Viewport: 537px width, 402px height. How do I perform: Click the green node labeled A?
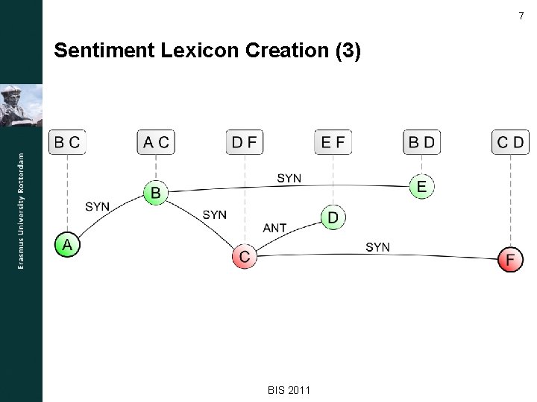(67, 244)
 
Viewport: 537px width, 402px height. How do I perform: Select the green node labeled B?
(155, 193)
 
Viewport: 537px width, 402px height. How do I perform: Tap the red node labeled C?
(244, 257)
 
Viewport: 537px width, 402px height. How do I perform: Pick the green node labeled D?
(333, 217)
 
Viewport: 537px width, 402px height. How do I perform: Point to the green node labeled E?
(421, 186)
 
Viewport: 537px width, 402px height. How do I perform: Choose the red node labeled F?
(510, 259)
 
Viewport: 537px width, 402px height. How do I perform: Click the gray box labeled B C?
(67, 141)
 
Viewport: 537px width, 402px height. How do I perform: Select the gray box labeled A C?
(156, 141)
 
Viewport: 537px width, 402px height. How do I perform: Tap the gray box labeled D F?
(245, 141)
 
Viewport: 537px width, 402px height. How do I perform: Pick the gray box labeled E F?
(333, 141)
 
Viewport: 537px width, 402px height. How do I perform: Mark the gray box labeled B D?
(421, 141)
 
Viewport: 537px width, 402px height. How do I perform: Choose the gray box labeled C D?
(510, 141)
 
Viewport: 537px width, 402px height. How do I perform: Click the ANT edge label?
(275, 228)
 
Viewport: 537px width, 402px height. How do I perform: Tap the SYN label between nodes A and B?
(98, 206)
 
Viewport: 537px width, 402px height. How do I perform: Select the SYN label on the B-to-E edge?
(289, 178)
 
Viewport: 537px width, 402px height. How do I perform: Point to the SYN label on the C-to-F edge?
(377, 246)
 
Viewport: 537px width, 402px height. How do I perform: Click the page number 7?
(521, 16)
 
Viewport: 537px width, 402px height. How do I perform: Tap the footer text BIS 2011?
(289, 390)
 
